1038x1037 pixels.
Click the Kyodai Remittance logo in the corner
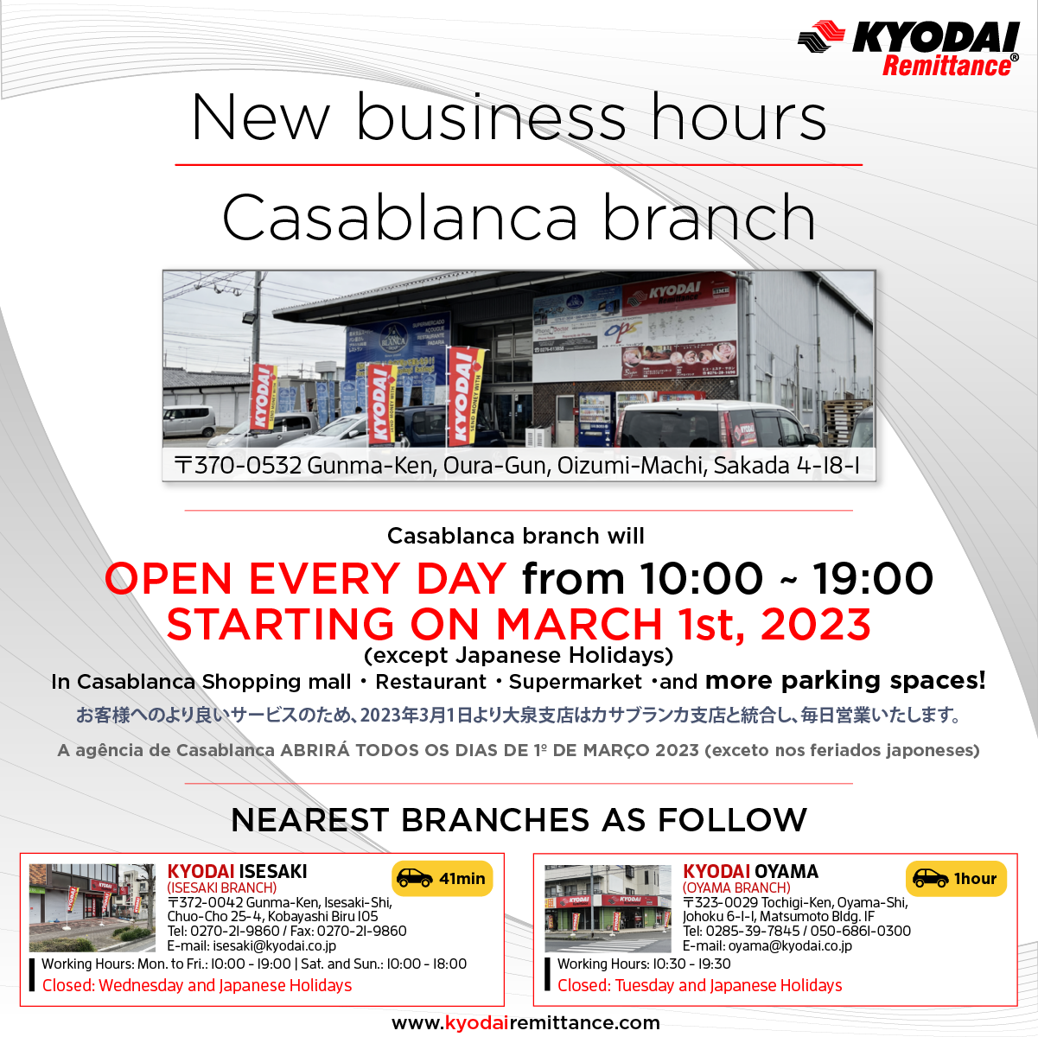(908, 48)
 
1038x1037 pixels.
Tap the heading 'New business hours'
(509, 118)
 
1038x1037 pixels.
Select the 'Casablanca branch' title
(519, 217)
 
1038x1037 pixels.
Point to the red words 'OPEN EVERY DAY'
(305, 579)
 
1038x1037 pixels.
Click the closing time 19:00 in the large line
(873, 579)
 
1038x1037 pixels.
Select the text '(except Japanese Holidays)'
(519, 656)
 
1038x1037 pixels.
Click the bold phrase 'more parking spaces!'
(845, 681)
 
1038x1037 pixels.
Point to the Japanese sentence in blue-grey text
(519, 716)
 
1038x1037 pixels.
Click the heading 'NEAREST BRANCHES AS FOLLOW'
(519, 820)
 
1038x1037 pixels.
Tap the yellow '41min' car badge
(442, 879)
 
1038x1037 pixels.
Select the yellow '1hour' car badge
(956, 879)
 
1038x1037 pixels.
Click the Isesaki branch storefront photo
(92, 907)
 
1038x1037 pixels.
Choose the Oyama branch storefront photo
(608, 908)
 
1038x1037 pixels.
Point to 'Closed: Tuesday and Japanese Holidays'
(699, 986)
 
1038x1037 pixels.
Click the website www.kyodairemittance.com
(525, 1022)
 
